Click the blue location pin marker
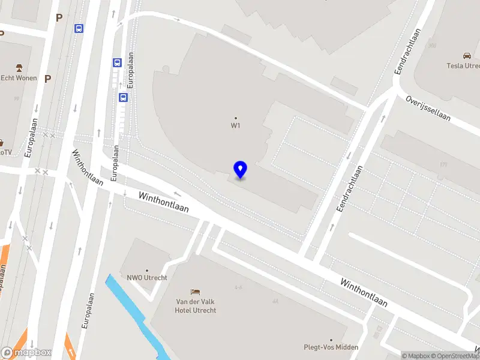(x=241, y=170)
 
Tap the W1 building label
(x=236, y=126)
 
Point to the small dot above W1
(x=236, y=118)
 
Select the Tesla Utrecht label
(x=463, y=66)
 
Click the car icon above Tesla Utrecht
(x=466, y=56)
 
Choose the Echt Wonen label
(x=19, y=78)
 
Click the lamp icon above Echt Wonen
(x=19, y=67)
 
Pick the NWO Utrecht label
(x=147, y=278)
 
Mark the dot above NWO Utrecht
(x=147, y=270)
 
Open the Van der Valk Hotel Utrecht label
(x=196, y=306)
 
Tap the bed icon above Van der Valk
(x=195, y=292)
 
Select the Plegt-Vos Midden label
(x=331, y=347)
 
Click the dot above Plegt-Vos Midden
(x=331, y=340)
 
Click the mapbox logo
(x=26, y=353)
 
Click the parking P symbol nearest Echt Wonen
(x=47, y=79)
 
